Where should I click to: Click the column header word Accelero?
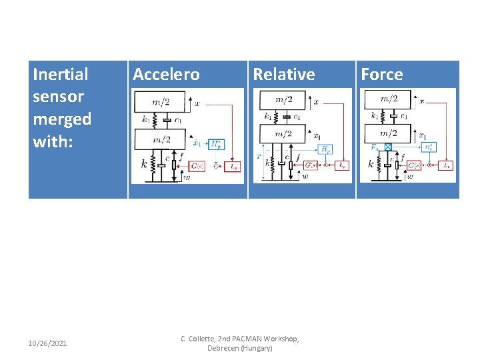[166, 75]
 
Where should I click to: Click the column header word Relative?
[284, 75]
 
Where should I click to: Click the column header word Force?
[382, 75]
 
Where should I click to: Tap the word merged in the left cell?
[62, 119]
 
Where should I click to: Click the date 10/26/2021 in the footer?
[47, 343]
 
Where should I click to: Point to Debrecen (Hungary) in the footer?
[240, 348]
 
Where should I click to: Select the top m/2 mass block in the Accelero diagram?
[161, 102]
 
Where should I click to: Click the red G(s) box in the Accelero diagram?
[197, 166]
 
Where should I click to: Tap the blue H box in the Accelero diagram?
[217, 144]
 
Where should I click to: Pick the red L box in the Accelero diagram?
[234, 166]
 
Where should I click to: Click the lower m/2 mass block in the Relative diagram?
[284, 134]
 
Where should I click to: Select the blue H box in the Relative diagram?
[325, 150]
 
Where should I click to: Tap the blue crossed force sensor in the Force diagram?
[388, 147]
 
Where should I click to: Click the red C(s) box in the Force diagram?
[415, 165]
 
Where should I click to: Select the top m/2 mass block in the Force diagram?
[389, 99]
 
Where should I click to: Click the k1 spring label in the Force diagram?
[375, 115]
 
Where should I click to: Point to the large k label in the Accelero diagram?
[144, 163]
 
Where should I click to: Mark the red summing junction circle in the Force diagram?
[429, 165]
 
